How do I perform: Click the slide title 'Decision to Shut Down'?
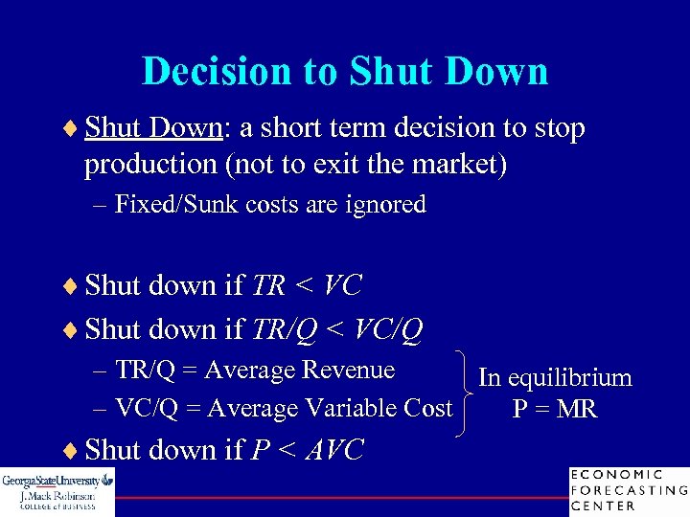(x=345, y=72)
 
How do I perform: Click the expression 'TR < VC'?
(x=307, y=285)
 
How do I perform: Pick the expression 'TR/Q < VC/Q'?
(x=336, y=329)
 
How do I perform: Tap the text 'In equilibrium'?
(x=555, y=378)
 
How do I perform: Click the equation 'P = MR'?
(x=555, y=410)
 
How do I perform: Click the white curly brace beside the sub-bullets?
(x=466, y=392)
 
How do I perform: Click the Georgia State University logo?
(x=57, y=492)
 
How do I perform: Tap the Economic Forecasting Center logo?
(x=629, y=490)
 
